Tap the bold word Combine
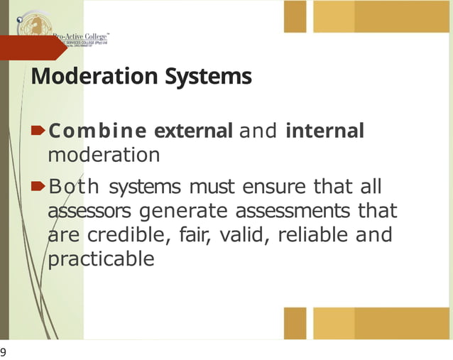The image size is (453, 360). pyautogui.click(x=98, y=131)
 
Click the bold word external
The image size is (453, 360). pyautogui.click(x=193, y=131)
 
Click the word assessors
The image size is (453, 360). pyautogui.click(x=92, y=212)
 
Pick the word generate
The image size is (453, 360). pyautogui.click(x=186, y=212)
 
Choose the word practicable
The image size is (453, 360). pyautogui.click(x=100, y=259)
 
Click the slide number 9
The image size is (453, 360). pyautogui.click(x=4, y=352)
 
